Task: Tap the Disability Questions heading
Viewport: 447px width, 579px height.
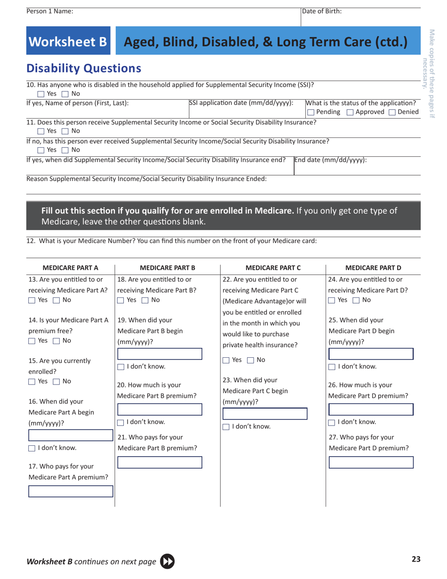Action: pyautogui.click(x=84, y=69)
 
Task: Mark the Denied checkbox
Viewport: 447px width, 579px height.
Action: pyautogui.click(x=391, y=112)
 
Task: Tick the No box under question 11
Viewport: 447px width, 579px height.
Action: pyautogui.click(x=65, y=131)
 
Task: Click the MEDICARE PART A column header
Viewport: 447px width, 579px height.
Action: pyautogui.click(x=71, y=268)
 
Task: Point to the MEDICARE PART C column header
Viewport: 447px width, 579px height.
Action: pyautogui.click(x=273, y=268)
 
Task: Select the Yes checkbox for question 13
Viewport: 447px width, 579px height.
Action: pyautogui.click(x=32, y=300)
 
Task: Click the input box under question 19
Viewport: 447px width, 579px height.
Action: pyautogui.click(x=160, y=354)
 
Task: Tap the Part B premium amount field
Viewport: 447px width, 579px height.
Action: pyautogui.click(x=160, y=409)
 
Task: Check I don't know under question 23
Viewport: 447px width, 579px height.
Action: pyautogui.click(x=226, y=427)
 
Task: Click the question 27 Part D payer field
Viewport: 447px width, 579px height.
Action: pyautogui.click(x=371, y=462)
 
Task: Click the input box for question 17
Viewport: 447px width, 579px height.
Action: pyautogui.click(x=71, y=491)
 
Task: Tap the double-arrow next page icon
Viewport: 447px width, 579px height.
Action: pyautogui.click(x=168, y=561)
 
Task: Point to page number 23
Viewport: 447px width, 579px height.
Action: pyautogui.click(x=416, y=559)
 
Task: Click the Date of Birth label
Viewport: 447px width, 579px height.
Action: pyautogui.click(x=322, y=11)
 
